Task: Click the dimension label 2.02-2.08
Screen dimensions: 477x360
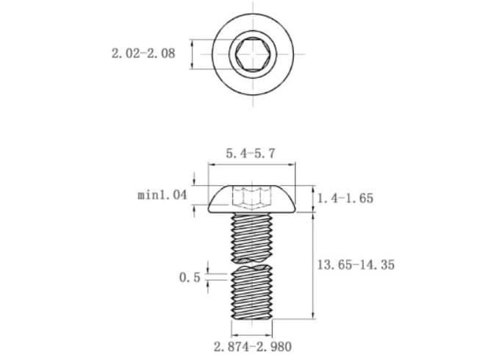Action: click(143, 54)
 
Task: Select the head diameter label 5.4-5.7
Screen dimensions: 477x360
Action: click(251, 154)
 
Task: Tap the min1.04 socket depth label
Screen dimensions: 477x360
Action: click(162, 195)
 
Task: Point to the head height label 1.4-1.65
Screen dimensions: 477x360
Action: click(345, 198)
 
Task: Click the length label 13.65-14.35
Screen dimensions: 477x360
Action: click(356, 264)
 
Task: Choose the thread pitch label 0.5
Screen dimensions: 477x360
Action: click(190, 277)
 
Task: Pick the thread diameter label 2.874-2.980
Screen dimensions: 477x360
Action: click(253, 347)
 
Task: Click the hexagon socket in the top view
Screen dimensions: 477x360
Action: click(253, 54)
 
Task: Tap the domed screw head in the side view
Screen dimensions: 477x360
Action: click(252, 199)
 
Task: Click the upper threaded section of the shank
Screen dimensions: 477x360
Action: click(251, 237)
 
